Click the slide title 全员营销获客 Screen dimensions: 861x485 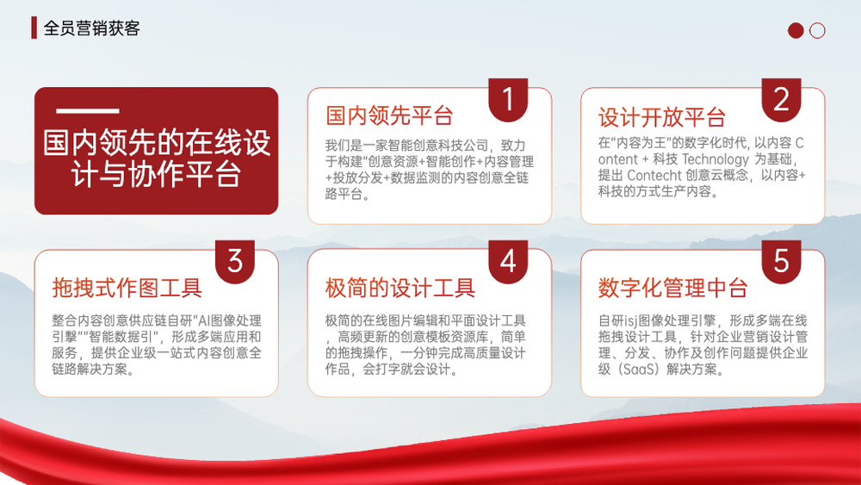(x=92, y=28)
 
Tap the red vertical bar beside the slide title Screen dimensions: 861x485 (x=34, y=28)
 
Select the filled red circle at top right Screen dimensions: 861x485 (x=796, y=30)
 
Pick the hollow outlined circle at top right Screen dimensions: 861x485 (x=817, y=30)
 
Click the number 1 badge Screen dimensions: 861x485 (x=508, y=99)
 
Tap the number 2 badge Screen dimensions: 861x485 (x=781, y=99)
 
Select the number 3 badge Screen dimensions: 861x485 (x=234, y=261)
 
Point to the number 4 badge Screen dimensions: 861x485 (x=508, y=261)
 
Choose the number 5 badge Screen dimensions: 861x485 (x=781, y=261)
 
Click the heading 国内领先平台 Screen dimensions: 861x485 (x=389, y=116)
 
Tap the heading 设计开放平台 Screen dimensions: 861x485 (x=662, y=117)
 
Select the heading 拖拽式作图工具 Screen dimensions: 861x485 (x=127, y=288)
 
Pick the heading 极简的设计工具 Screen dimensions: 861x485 (x=400, y=288)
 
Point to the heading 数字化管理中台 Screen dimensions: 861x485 (x=672, y=288)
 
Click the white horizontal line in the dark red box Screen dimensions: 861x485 (x=88, y=111)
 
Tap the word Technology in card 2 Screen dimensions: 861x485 (x=715, y=160)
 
